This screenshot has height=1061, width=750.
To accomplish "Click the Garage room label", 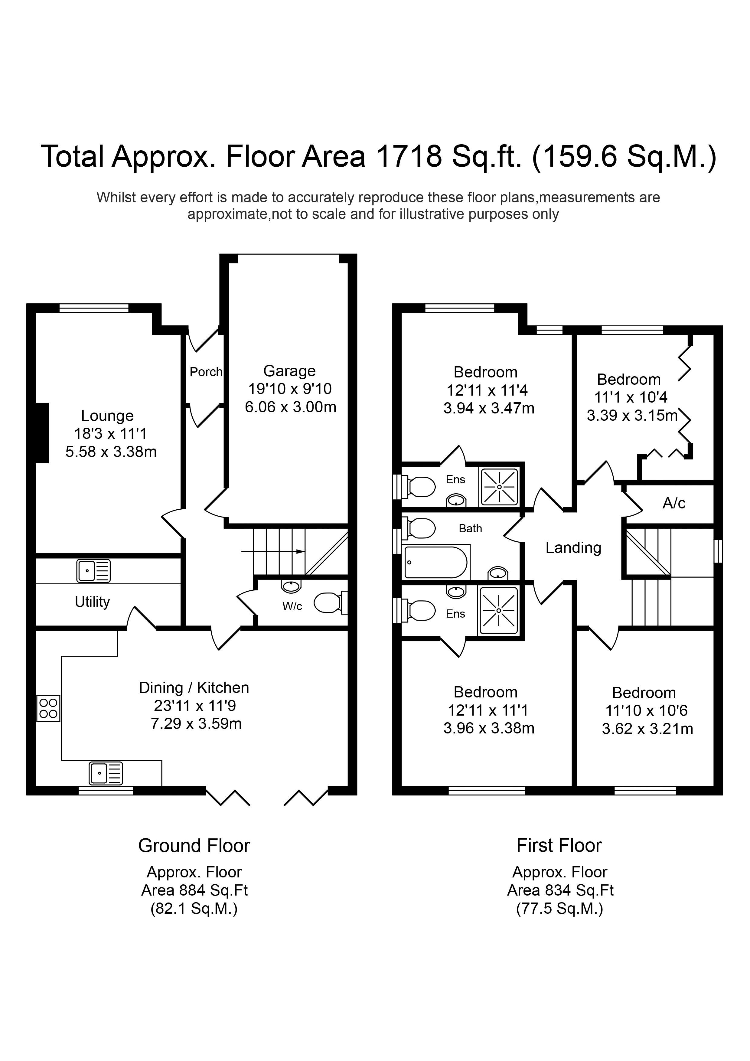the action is point(289,371).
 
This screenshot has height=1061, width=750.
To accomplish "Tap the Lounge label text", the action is point(107,416).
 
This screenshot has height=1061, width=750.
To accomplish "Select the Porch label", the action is point(206,372).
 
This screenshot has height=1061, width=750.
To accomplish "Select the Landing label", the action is point(573,548).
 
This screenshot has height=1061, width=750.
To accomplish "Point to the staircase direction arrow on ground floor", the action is point(273,551).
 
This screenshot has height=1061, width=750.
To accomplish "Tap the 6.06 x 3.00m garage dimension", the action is point(290,407).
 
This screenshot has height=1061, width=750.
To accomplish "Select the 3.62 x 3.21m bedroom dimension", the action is point(647,729).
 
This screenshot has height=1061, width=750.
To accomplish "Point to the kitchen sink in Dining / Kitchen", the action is point(106,774).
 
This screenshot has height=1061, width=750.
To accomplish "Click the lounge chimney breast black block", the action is point(42,433).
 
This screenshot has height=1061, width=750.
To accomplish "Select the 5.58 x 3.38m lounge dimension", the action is point(111,452).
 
